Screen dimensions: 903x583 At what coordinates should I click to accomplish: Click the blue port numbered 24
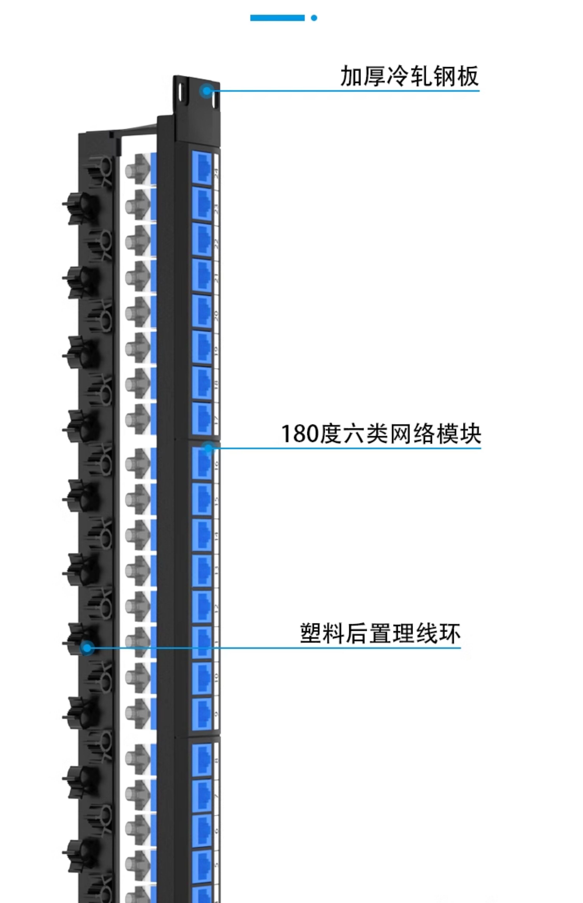202,168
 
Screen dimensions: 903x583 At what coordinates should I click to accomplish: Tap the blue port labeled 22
202,240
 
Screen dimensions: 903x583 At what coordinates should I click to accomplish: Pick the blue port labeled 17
202,418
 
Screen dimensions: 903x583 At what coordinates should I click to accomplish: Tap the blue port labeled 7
202,794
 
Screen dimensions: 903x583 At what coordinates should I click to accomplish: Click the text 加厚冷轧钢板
409,76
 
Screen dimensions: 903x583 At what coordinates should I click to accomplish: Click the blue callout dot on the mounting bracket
207,91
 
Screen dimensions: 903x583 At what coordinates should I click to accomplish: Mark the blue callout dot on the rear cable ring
87,648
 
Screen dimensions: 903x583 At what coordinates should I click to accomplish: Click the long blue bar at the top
277,18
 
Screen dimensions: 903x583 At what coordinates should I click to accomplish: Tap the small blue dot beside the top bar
314,18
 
